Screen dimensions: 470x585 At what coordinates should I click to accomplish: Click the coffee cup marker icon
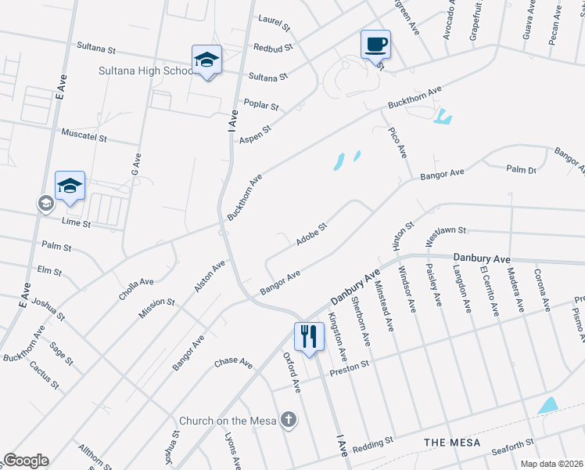pyautogui.click(x=375, y=43)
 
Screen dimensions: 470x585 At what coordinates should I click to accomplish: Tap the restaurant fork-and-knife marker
pyautogui.click(x=308, y=336)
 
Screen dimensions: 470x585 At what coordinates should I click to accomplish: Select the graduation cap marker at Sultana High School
pyautogui.click(x=207, y=60)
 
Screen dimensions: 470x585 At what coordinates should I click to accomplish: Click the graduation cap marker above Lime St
pyautogui.click(x=70, y=186)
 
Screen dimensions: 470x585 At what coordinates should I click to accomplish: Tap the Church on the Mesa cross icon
pyautogui.click(x=289, y=420)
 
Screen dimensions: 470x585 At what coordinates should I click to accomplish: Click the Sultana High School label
pyautogui.click(x=146, y=70)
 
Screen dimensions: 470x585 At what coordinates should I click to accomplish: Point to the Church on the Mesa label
pyautogui.click(x=228, y=421)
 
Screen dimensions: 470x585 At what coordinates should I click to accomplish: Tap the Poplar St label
pyautogui.click(x=262, y=105)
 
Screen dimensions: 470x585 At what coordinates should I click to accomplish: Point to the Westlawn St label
pyautogui.click(x=445, y=231)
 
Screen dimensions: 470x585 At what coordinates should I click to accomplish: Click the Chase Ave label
pyautogui.click(x=233, y=363)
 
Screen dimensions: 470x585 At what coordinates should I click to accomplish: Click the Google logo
pyautogui.click(x=26, y=461)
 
